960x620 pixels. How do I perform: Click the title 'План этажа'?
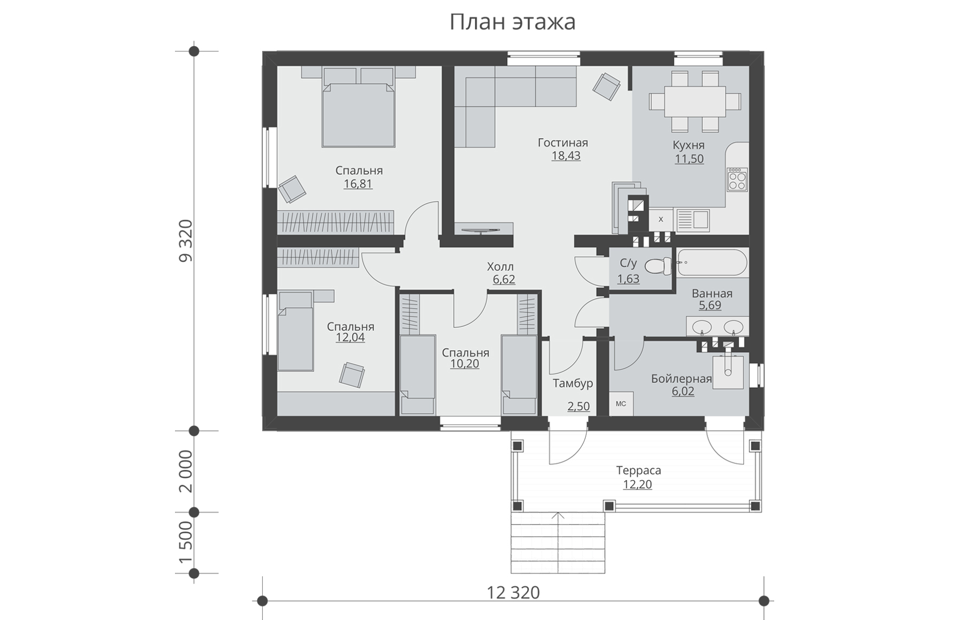(512, 23)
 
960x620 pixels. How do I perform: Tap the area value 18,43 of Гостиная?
(566, 156)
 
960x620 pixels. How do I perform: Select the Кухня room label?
(689, 145)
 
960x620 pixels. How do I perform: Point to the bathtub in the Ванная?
(712, 263)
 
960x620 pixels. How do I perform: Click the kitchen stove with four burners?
(737, 179)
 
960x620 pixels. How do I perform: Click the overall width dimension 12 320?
(513, 592)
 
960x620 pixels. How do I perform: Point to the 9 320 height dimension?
(186, 241)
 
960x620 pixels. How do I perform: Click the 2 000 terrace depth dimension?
(186, 471)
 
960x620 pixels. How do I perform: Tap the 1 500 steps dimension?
(186, 542)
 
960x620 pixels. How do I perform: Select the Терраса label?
(638, 470)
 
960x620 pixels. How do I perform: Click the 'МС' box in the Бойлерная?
(621, 404)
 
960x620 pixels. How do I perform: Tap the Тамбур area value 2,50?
(579, 406)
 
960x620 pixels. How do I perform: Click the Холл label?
(500, 267)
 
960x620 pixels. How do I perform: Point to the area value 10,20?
(464, 364)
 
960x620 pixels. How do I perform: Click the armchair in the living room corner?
(606, 86)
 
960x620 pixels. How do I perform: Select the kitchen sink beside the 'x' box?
(693, 219)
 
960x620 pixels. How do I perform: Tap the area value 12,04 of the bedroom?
(350, 338)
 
